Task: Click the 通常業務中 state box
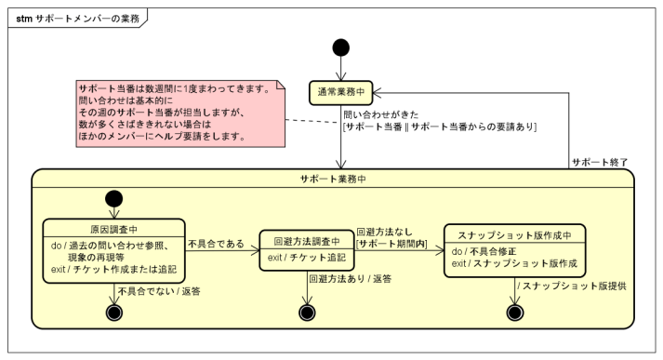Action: [x=341, y=92]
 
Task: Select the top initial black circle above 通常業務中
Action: [x=341, y=46]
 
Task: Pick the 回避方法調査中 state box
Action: [x=306, y=248]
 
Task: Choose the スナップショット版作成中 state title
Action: [x=512, y=233]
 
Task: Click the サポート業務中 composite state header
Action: [x=332, y=179]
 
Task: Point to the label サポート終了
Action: [x=600, y=162]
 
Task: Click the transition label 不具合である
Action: [x=216, y=244]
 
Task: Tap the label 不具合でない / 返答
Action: [x=160, y=292]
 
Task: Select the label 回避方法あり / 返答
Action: [x=350, y=279]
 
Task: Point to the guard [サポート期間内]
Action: [x=386, y=245]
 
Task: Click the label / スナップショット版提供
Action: [x=572, y=286]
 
